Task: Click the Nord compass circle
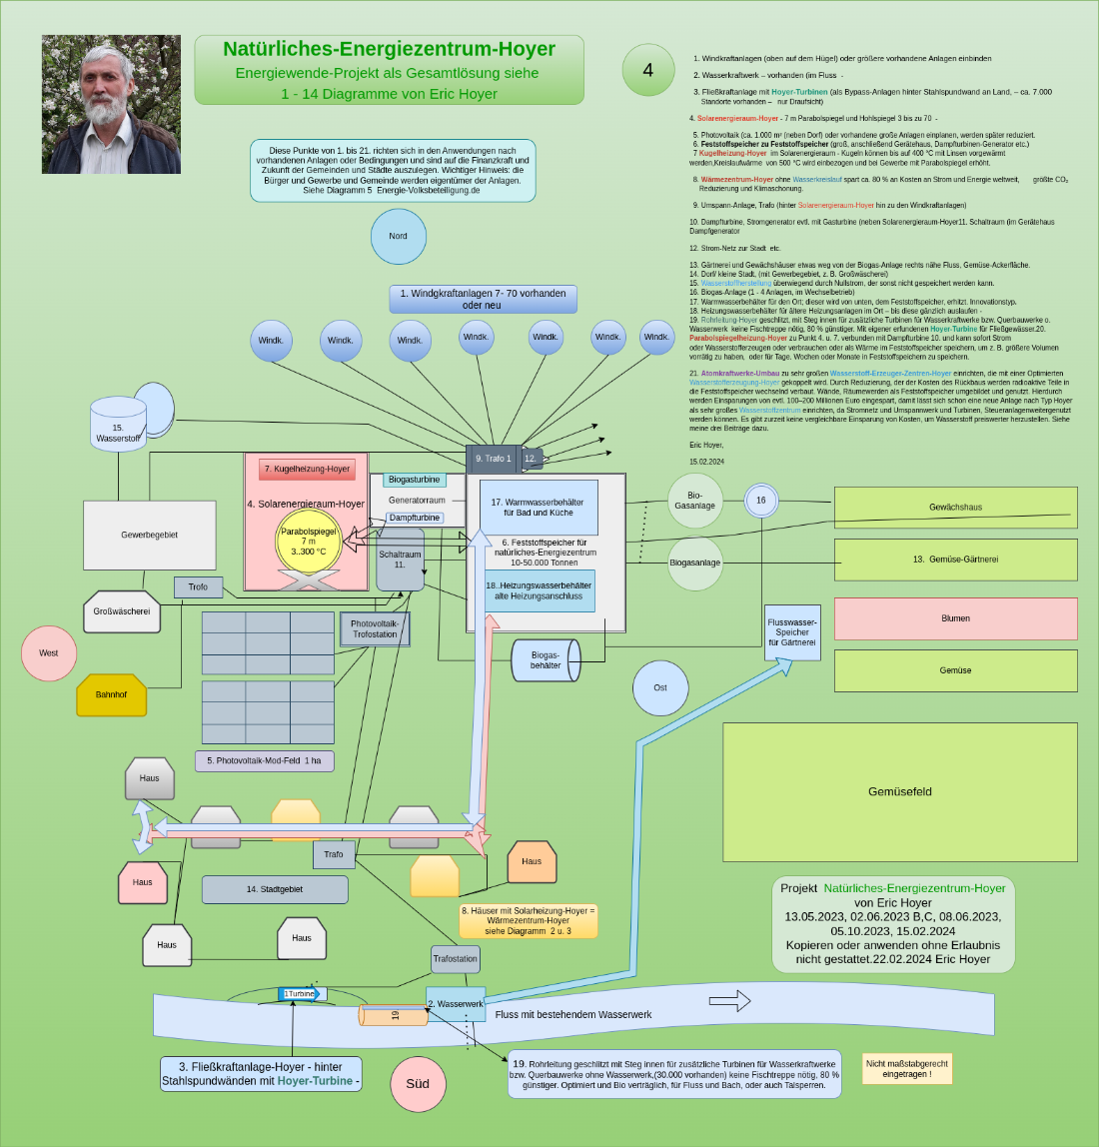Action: click(x=399, y=236)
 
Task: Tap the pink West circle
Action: click(x=49, y=653)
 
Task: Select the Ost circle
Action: click(x=660, y=687)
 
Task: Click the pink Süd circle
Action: click(x=418, y=1084)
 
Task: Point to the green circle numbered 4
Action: click(x=648, y=70)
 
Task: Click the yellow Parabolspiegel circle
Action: click(x=309, y=541)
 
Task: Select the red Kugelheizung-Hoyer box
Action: click(x=307, y=469)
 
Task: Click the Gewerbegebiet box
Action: click(x=150, y=536)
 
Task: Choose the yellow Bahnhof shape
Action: click(x=112, y=695)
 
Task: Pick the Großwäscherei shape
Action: click(x=122, y=611)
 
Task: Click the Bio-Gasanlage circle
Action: click(x=695, y=501)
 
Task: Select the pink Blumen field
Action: click(x=955, y=618)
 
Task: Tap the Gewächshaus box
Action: click(x=955, y=508)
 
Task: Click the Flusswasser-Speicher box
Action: click(x=792, y=632)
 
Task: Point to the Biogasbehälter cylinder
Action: click(x=546, y=660)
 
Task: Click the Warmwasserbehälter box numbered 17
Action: click(x=539, y=508)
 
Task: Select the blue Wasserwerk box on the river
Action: click(x=456, y=1003)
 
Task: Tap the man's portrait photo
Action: click(x=111, y=105)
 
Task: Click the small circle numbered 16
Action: click(x=761, y=501)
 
